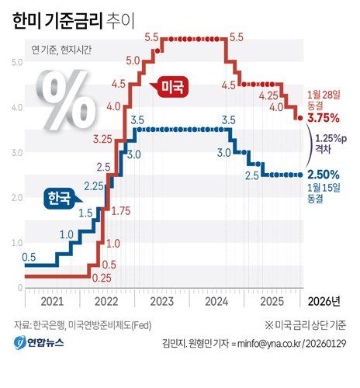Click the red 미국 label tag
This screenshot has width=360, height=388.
172,87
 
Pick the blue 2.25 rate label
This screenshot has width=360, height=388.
94,185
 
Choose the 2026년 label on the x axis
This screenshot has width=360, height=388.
325,300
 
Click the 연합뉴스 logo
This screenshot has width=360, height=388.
39,343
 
